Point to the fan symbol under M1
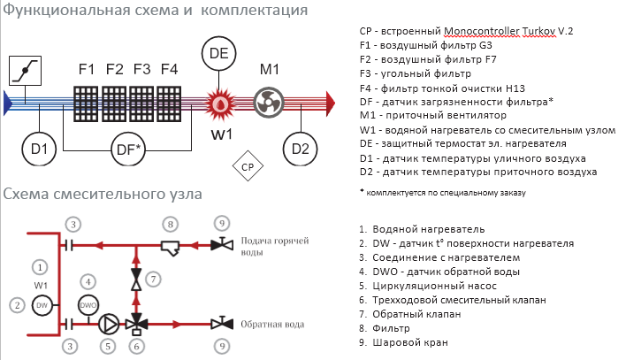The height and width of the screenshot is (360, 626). (269, 103)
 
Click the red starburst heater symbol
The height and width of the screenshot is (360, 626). (220, 103)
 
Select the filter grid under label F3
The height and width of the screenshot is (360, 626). (141, 103)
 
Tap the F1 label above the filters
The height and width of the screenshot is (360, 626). (87, 70)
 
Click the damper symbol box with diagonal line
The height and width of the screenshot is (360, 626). (25, 71)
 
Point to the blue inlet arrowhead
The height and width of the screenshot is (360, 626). (8, 103)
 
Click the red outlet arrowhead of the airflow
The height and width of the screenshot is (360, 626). (331, 103)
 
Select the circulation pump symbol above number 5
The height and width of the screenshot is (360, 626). (109, 324)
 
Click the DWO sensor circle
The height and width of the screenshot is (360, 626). (88, 305)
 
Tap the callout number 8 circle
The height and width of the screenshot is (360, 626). (171, 224)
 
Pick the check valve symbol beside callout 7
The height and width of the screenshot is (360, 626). (136, 279)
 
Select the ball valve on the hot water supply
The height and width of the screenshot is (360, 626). (222, 244)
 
